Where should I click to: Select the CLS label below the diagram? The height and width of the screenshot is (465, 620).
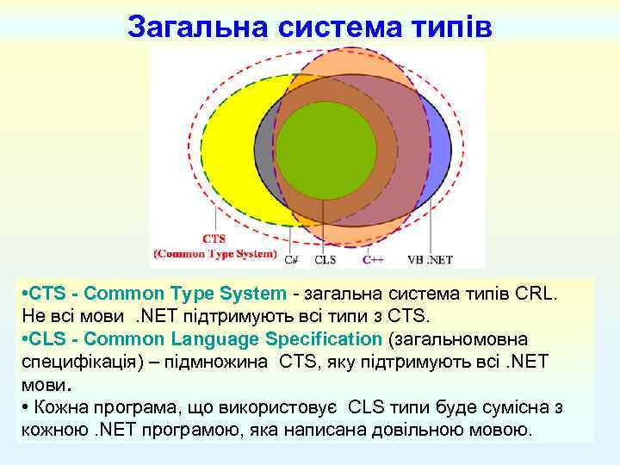coord(325,258)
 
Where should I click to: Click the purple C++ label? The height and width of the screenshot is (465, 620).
coord(372,258)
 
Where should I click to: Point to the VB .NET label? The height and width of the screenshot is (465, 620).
coord(430,258)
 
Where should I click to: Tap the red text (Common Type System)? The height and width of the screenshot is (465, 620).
coord(214,254)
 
